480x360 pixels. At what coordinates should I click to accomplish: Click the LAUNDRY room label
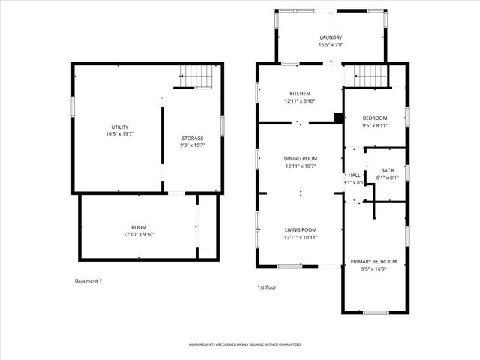[331, 37]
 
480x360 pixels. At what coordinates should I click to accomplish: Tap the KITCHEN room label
[299, 94]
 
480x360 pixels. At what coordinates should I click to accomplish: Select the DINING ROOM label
[300, 158]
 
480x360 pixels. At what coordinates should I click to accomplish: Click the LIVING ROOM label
[300, 229]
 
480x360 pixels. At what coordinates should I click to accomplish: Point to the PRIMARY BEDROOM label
[373, 261]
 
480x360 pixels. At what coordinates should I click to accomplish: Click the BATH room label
[387, 170]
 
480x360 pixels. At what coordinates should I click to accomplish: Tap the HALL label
[354, 175]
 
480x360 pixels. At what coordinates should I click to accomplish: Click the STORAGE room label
[192, 138]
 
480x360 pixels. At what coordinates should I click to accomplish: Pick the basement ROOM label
[139, 227]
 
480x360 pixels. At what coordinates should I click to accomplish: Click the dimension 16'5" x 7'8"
[331, 45]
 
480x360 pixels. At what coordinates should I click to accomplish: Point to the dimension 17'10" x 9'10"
[139, 235]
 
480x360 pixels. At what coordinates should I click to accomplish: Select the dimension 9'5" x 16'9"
[373, 268]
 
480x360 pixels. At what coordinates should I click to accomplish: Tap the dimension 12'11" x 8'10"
[299, 101]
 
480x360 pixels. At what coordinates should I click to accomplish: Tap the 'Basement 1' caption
[88, 281]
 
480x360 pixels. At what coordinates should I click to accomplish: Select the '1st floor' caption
[267, 286]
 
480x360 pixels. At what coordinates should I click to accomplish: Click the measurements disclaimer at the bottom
[244, 344]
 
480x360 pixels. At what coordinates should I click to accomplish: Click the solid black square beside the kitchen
[338, 118]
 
